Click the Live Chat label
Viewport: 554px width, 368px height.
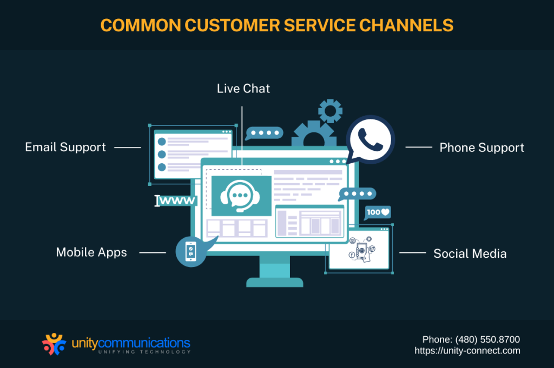[x=243, y=89]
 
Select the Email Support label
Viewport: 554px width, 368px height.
[x=65, y=147]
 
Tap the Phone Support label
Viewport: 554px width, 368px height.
[x=482, y=148]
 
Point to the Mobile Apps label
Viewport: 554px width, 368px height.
[x=91, y=252]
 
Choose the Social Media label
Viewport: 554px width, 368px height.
[x=470, y=253]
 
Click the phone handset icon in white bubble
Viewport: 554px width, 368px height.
[x=370, y=139]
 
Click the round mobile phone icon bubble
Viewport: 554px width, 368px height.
[x=190, y=251]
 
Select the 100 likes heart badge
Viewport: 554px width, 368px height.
[x=378, y=212]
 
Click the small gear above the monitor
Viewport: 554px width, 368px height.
[x=330, y=111]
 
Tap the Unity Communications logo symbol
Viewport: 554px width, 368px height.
[x=54, y=344]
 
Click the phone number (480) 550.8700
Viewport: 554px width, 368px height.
[x=471, y=339]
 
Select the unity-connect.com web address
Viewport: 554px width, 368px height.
[x=467, y=351]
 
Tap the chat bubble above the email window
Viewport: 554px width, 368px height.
[x=263, y=133]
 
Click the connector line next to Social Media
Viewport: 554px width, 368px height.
[x=412, y=253]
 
